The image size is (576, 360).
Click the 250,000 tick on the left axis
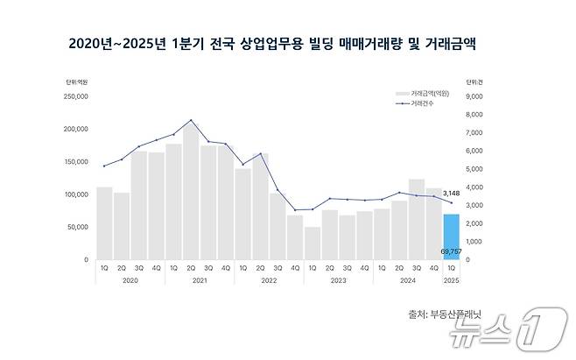pyautogui.click(x=75, y=95)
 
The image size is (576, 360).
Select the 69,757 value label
pyautogui.click(x=451, y=251)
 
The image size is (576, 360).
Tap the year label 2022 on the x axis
pyautogui.click(x=270, y=281)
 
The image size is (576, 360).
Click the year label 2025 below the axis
pyautogui.click(x=451, y=281)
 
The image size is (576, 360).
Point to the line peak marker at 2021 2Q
pyautogui.click(x=191, y=120)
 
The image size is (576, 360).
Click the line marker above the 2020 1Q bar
pyautogui.click(x=104, y=166)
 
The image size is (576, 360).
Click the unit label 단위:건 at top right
pyautogui.click(x=474, y=81)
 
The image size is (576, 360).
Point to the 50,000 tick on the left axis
pyautogui.click(x=77, y=227)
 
